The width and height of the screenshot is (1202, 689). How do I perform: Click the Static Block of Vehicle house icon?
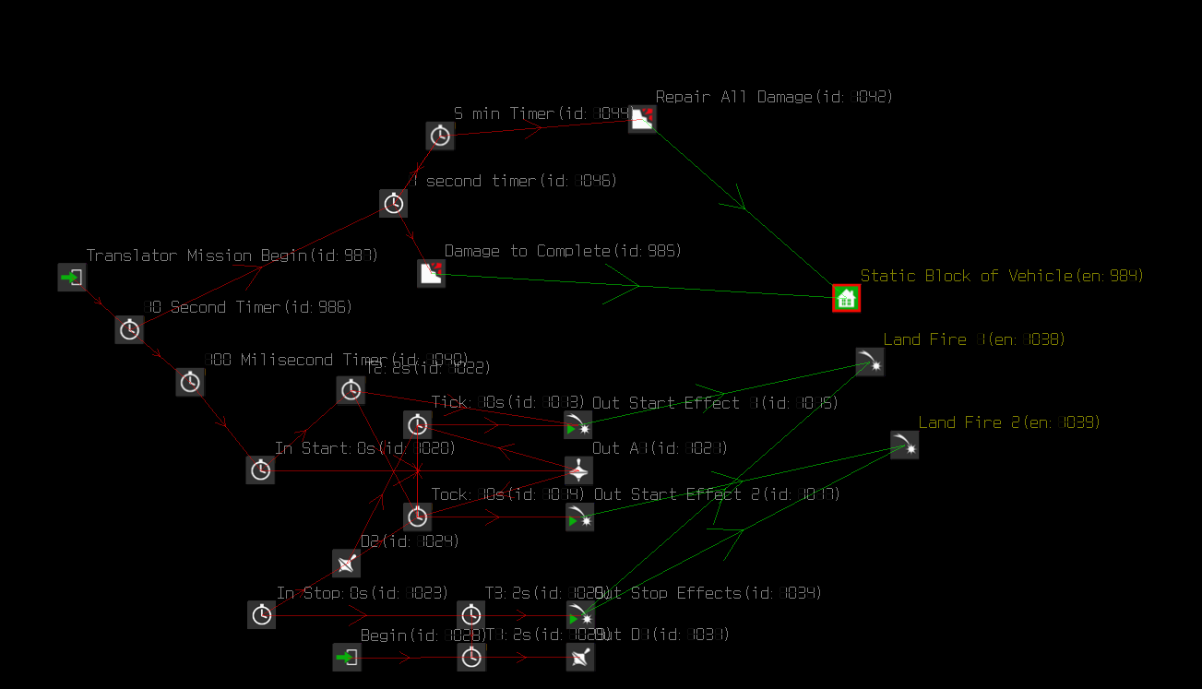[x=846, y=298]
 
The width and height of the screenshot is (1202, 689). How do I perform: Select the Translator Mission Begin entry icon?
[x=71, y=277]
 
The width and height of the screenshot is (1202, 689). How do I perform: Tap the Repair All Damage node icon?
[x=642, y=119]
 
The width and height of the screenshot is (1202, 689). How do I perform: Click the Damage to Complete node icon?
[x=431, y=273]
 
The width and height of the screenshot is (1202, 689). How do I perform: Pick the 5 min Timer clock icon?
[x=440, y=136]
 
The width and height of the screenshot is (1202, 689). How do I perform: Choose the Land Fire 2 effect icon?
[x=904, y=445]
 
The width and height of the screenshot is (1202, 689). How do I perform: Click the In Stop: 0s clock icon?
[x=261, y=614]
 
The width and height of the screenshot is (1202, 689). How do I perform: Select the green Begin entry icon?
[x=347, y=657]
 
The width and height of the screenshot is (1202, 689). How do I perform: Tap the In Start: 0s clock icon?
[x=260, y=469]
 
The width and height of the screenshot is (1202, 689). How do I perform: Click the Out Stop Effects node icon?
[x=580, y=615]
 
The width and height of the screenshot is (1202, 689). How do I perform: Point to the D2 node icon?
[x=346, y=563]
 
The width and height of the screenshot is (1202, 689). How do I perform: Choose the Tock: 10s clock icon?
[x=418, y=517]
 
